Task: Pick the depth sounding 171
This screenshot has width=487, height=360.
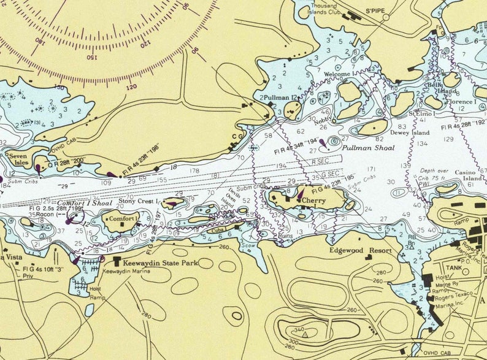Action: tap(372, 169)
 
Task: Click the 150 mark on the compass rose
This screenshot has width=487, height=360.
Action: tap(91, 58)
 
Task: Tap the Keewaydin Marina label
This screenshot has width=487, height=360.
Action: tap(125, 270)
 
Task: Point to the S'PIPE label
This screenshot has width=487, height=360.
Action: tap(374, 11)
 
